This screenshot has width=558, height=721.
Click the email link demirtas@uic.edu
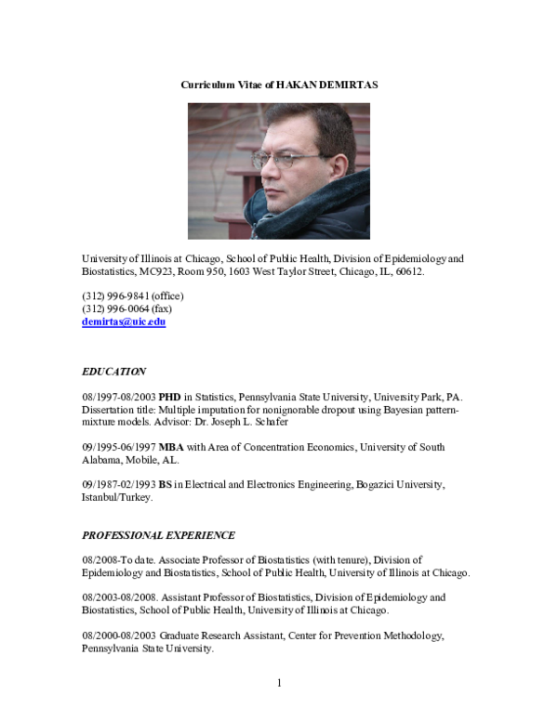124,322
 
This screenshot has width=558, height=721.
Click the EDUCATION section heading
113,372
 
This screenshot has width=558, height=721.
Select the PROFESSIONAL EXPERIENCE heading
158,535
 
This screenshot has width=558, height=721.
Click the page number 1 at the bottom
279,684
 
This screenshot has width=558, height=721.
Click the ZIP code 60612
408,272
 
